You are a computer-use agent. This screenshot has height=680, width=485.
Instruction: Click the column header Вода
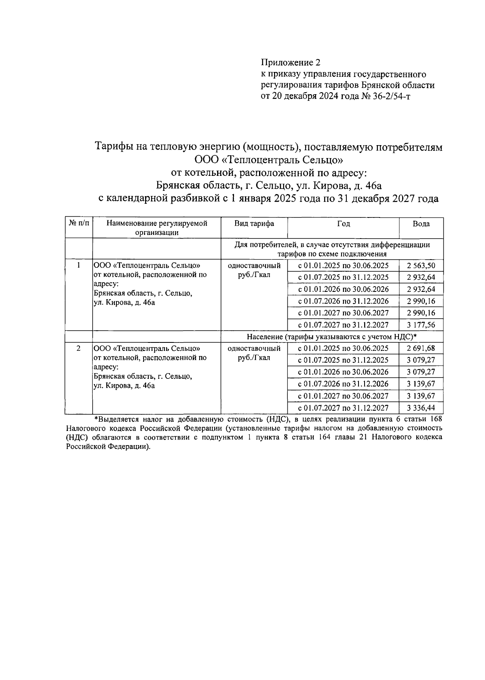421,224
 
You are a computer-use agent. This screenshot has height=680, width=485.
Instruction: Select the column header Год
344,224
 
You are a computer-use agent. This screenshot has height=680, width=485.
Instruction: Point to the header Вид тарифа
254,224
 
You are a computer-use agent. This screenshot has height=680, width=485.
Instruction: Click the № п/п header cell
79,224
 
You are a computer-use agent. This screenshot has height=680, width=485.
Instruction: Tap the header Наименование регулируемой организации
157,228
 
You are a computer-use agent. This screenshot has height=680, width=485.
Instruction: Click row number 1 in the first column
79,266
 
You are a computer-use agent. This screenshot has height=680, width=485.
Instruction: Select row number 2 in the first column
79,348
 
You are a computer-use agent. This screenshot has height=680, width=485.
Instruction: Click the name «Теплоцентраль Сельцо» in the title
269,160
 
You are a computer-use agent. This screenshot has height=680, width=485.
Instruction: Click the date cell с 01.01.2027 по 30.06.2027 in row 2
343,396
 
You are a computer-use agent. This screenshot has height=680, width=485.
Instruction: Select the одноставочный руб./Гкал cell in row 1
254,270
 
